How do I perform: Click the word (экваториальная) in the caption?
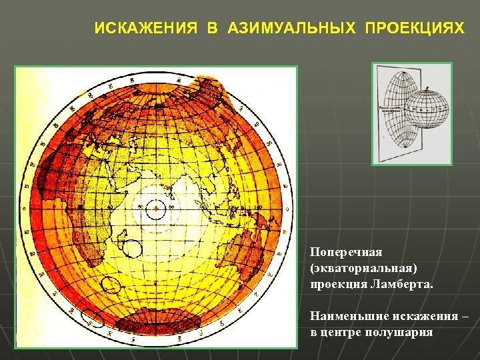tap(363, 268)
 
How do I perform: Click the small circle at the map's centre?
tap(155, 209)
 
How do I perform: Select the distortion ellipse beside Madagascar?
tap(133, 249)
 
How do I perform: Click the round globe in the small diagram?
tap(427, 107)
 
